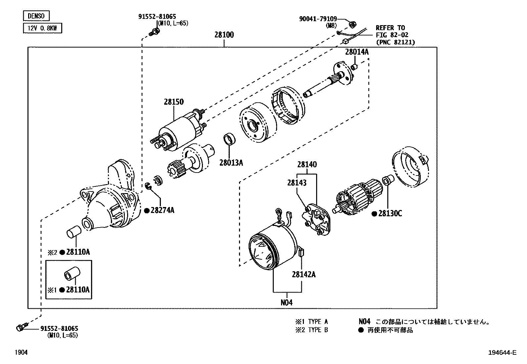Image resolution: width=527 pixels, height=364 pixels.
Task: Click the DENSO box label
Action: [36, 16]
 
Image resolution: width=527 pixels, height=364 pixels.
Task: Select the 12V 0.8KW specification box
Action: [43, 28]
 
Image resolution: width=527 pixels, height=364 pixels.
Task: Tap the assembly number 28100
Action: [224, 35]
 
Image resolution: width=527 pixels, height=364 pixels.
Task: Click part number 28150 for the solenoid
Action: [173, 102]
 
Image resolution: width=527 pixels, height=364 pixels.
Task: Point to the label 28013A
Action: [231, 162]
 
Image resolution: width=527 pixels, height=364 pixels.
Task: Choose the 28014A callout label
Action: [357, 52]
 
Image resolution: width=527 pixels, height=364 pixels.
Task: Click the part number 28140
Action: [307, 164]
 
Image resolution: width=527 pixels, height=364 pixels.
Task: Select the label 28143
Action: [297, 183]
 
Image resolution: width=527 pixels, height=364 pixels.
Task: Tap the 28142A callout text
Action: [304, 274]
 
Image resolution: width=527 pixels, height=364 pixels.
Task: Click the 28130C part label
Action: [390, 214]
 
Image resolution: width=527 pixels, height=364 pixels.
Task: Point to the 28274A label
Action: [162, 210]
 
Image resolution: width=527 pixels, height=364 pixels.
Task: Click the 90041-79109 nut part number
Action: [318, 19]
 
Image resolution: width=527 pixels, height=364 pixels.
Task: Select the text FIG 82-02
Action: [392, 35]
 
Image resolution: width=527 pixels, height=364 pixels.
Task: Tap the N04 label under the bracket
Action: [287, 302]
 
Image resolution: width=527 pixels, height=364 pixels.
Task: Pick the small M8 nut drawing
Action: [353, 24]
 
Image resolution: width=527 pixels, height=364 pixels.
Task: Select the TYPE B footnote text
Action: [318, 330]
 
